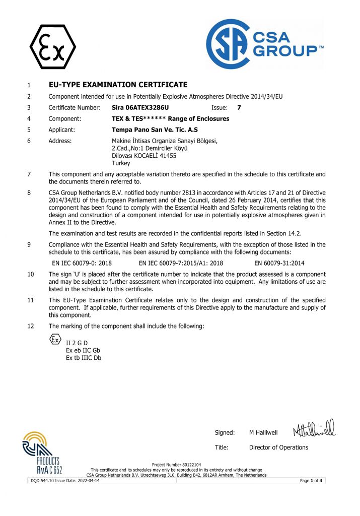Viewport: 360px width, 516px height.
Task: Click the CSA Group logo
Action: click(x=264, y=44)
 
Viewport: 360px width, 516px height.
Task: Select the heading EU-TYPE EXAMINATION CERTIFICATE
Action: click(x=118, y=85)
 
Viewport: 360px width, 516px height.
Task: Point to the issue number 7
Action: click(x=239, y=107)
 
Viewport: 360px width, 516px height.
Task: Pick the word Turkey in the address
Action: click(x=121, y=163)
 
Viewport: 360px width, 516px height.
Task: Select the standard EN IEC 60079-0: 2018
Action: click(x=82, y=263)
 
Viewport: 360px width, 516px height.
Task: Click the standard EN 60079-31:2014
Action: click(x=279, y=263)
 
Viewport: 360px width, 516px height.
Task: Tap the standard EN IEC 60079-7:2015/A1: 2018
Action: click(x=181, y=263)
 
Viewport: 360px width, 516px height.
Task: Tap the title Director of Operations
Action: click(x=278, y=447)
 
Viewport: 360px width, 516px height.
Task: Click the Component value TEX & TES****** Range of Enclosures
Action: click(x=170, y=118)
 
